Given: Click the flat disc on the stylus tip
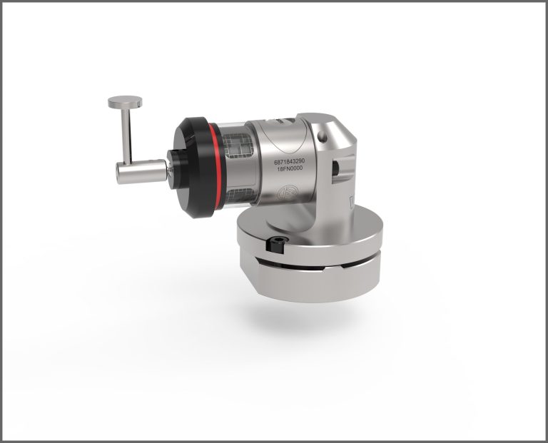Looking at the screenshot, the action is pos(125,101).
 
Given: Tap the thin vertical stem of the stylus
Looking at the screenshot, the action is pos(126,136).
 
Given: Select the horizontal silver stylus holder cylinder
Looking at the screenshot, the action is pos(141,171).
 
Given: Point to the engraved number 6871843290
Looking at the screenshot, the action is pos(290,162).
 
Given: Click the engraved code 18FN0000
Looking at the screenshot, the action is pos(290,168).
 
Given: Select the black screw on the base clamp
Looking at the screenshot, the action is pos(276,243).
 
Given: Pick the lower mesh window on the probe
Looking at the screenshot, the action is pos(238,195).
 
